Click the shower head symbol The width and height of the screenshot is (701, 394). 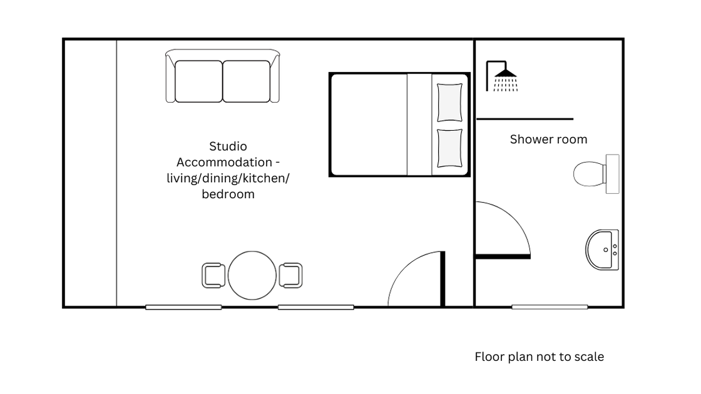(x=501, y=76)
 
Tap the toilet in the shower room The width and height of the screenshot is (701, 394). (x=596, y=174)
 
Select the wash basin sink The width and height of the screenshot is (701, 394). (x=602, y=250)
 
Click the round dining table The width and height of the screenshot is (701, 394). (x=252, y=275)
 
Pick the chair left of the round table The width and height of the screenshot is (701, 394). (x=213, y=275)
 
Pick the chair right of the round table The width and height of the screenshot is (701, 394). (x=290, y=275)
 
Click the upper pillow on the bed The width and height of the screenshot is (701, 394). (x=449, y=103)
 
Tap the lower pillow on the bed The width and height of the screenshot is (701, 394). (x=449, y=148)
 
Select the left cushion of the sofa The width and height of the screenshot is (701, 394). (x=198, y=81)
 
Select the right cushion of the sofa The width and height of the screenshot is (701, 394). (x=247, y=81)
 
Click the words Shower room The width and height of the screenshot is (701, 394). (x=548, y=139)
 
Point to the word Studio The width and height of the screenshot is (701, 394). (x=228, y=146)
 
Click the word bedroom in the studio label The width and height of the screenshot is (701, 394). (x=228, y=194)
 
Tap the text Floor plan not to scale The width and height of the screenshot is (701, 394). (x=539, y=356)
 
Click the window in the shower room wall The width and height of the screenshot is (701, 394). (x=550, y=307)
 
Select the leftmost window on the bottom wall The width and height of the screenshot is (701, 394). (x=183, y=307)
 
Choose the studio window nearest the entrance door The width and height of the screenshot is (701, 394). (x=315, y=307)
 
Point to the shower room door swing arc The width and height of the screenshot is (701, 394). (x=514, y=218)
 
